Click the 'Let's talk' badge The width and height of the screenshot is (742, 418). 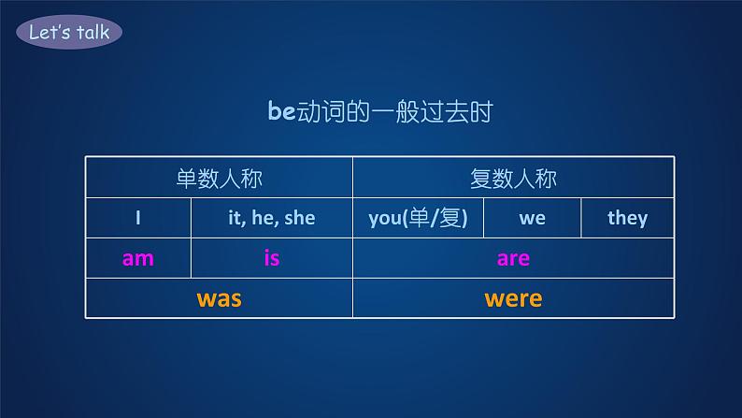tap(69, 33)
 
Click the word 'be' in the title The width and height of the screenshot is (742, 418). tap(281, 112)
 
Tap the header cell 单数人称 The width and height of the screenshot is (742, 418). tap(219, 178)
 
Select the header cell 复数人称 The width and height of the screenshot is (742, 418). tap(513, 178)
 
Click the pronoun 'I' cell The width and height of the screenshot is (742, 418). tap(137, 218)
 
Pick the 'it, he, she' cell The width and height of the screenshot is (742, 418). tap(271, 218)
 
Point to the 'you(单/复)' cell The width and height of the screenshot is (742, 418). tap(418, 218)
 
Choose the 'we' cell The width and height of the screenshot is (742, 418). tap(532, 218)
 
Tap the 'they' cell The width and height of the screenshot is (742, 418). tap(627, 218)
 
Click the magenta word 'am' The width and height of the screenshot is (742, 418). tap(137, 258)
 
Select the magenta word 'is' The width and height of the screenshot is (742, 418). tap(271, 258)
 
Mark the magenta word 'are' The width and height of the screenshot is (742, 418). tap(513, 258)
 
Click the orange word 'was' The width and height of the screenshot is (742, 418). tap(219, 298)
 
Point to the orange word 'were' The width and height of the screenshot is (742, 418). tap(513, 298)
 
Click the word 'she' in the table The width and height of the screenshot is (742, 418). tap(299, 218)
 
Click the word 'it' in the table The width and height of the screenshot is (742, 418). tap(236, 218)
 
